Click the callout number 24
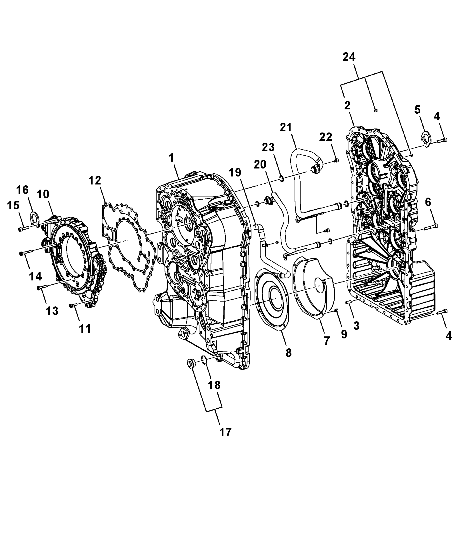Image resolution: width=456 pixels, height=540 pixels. [349, 57]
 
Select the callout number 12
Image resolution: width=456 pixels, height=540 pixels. [95, 181]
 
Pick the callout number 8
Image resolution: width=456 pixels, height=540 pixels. [288, 353]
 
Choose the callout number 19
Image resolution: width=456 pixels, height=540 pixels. [235, 172]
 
